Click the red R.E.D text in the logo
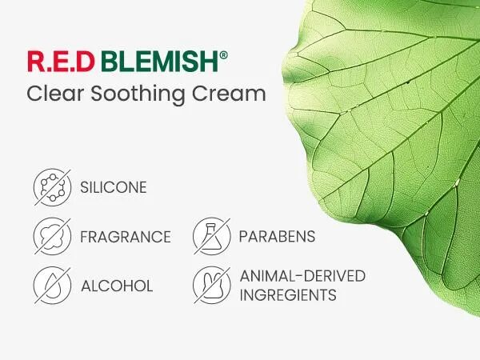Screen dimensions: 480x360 [x=61, y=62]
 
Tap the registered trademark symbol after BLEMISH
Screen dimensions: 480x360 [x=224, y=55]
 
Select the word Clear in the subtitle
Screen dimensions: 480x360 [x=55, y=93]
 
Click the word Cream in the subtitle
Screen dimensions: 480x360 [x=229, y=93]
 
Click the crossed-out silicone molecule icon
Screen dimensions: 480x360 [x=52, y=187]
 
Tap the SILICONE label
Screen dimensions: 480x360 [x=114, y=187]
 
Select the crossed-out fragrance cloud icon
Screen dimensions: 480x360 [x=52, y=236]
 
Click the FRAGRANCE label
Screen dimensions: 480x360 [x=126, y=237]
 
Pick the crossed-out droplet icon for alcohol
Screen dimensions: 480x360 [x=52, y=286]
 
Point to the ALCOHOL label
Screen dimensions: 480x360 [x=117, y=286]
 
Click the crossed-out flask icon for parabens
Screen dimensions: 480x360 [x=211, y=236]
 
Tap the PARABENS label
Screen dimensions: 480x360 [x=277, y=236]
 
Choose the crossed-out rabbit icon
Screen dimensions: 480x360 [x=211, y=286]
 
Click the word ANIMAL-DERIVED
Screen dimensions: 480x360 [x=302, y=276]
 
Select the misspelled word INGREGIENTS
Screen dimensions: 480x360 [x=288, y=295]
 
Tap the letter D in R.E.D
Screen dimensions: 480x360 [x=85, y=62]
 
